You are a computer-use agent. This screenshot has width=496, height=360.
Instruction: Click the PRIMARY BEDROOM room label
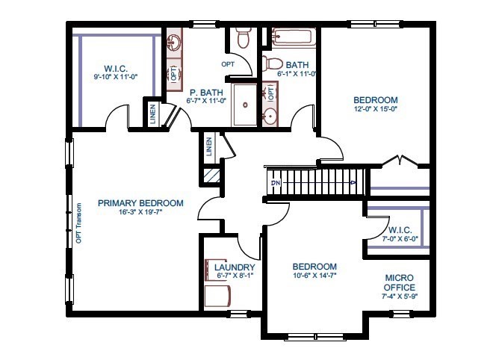140,203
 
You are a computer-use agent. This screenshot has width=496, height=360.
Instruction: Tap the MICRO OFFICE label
399,282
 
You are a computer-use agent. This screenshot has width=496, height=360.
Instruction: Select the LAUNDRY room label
235,267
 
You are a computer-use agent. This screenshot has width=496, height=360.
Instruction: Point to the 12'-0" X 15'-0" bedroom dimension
375,108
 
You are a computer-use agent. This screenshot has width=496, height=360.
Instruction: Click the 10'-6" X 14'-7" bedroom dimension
314,276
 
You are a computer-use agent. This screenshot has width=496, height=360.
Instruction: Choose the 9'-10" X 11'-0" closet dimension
118,76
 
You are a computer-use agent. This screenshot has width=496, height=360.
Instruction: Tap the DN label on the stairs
275,182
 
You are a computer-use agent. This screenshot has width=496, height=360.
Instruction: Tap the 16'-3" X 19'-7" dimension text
140,212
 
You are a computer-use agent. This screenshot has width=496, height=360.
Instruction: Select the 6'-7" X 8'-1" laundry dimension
235,276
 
